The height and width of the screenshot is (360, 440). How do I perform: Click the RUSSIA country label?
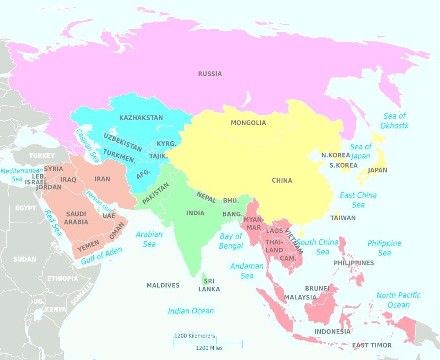coord(210,74)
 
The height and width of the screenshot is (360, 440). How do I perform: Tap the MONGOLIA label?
coord(248,123)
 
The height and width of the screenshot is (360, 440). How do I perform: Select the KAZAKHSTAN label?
coord(141,118)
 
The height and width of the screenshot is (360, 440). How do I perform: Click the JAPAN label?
coord(378,170)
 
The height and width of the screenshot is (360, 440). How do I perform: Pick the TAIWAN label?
coord(343,218)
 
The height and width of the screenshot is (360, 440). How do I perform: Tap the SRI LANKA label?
coord(209,285)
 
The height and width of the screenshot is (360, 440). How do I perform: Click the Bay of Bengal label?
coord(231,241)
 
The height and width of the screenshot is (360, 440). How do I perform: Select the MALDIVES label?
coord(163,285)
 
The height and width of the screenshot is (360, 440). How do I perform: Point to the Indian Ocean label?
coord(191,311)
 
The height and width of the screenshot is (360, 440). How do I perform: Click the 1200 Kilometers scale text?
coord(194,336)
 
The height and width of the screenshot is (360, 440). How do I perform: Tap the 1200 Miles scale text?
coord(209,348)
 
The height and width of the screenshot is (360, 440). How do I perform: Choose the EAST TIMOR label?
coord(372,345)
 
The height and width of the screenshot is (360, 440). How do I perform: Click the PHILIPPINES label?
coord(354,263)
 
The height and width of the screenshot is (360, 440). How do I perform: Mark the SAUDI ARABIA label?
coord(76,218)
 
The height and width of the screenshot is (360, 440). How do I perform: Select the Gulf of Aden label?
coord(102,256)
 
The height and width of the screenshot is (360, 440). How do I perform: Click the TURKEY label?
coord(42,155)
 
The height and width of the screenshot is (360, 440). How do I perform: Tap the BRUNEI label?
coord(317,289)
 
